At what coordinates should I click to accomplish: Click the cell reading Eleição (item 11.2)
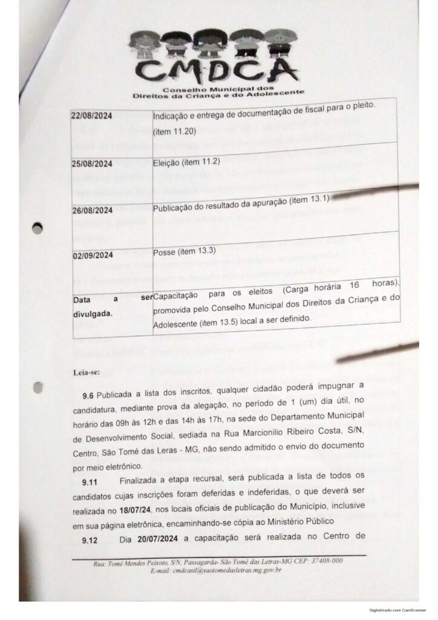[186, 162]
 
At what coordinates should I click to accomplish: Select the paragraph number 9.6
[89, 394]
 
